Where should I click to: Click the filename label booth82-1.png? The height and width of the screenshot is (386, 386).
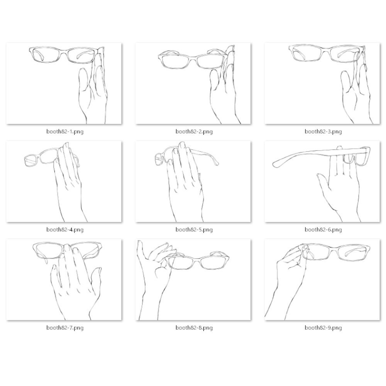pyautogui.click(x=65, y=132)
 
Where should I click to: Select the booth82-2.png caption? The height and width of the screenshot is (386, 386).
pyautogui.click(x=194, y=132)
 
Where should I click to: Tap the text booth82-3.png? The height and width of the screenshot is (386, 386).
pyautogui.click(x=323, y=132)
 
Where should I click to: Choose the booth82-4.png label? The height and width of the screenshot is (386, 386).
pyautogui.click(x=65, y=230)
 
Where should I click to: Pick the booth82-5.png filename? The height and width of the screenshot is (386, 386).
pyautogui.click(x=194, y=230)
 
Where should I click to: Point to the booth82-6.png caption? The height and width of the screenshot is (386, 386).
pyautogui.click(x=323, y=230)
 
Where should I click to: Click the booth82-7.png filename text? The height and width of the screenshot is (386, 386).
pyautogui.click(x=65, y=328)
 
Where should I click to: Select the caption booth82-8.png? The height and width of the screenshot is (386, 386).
pyautogui.click(x=194, y=328)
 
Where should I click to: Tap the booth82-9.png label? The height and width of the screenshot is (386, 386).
pyautogui.click(x=323, y=328)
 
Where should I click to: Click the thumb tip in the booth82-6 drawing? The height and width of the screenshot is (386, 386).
pyautogui.click(x=319, y=176)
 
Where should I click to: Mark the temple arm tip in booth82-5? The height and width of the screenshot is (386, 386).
pyautogui.click(x=217, y=163)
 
